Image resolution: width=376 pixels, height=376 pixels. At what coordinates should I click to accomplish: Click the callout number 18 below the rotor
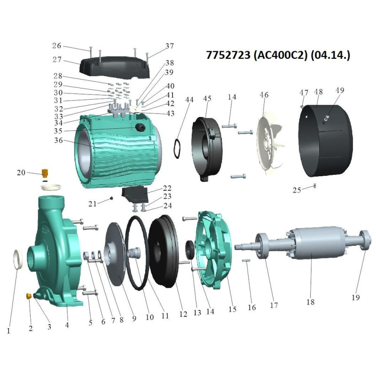310,302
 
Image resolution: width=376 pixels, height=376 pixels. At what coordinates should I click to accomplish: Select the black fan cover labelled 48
325,141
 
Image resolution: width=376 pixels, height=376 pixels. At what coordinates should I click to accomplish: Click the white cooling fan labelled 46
269,144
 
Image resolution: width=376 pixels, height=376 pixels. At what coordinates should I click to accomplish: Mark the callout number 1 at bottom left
8,331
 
